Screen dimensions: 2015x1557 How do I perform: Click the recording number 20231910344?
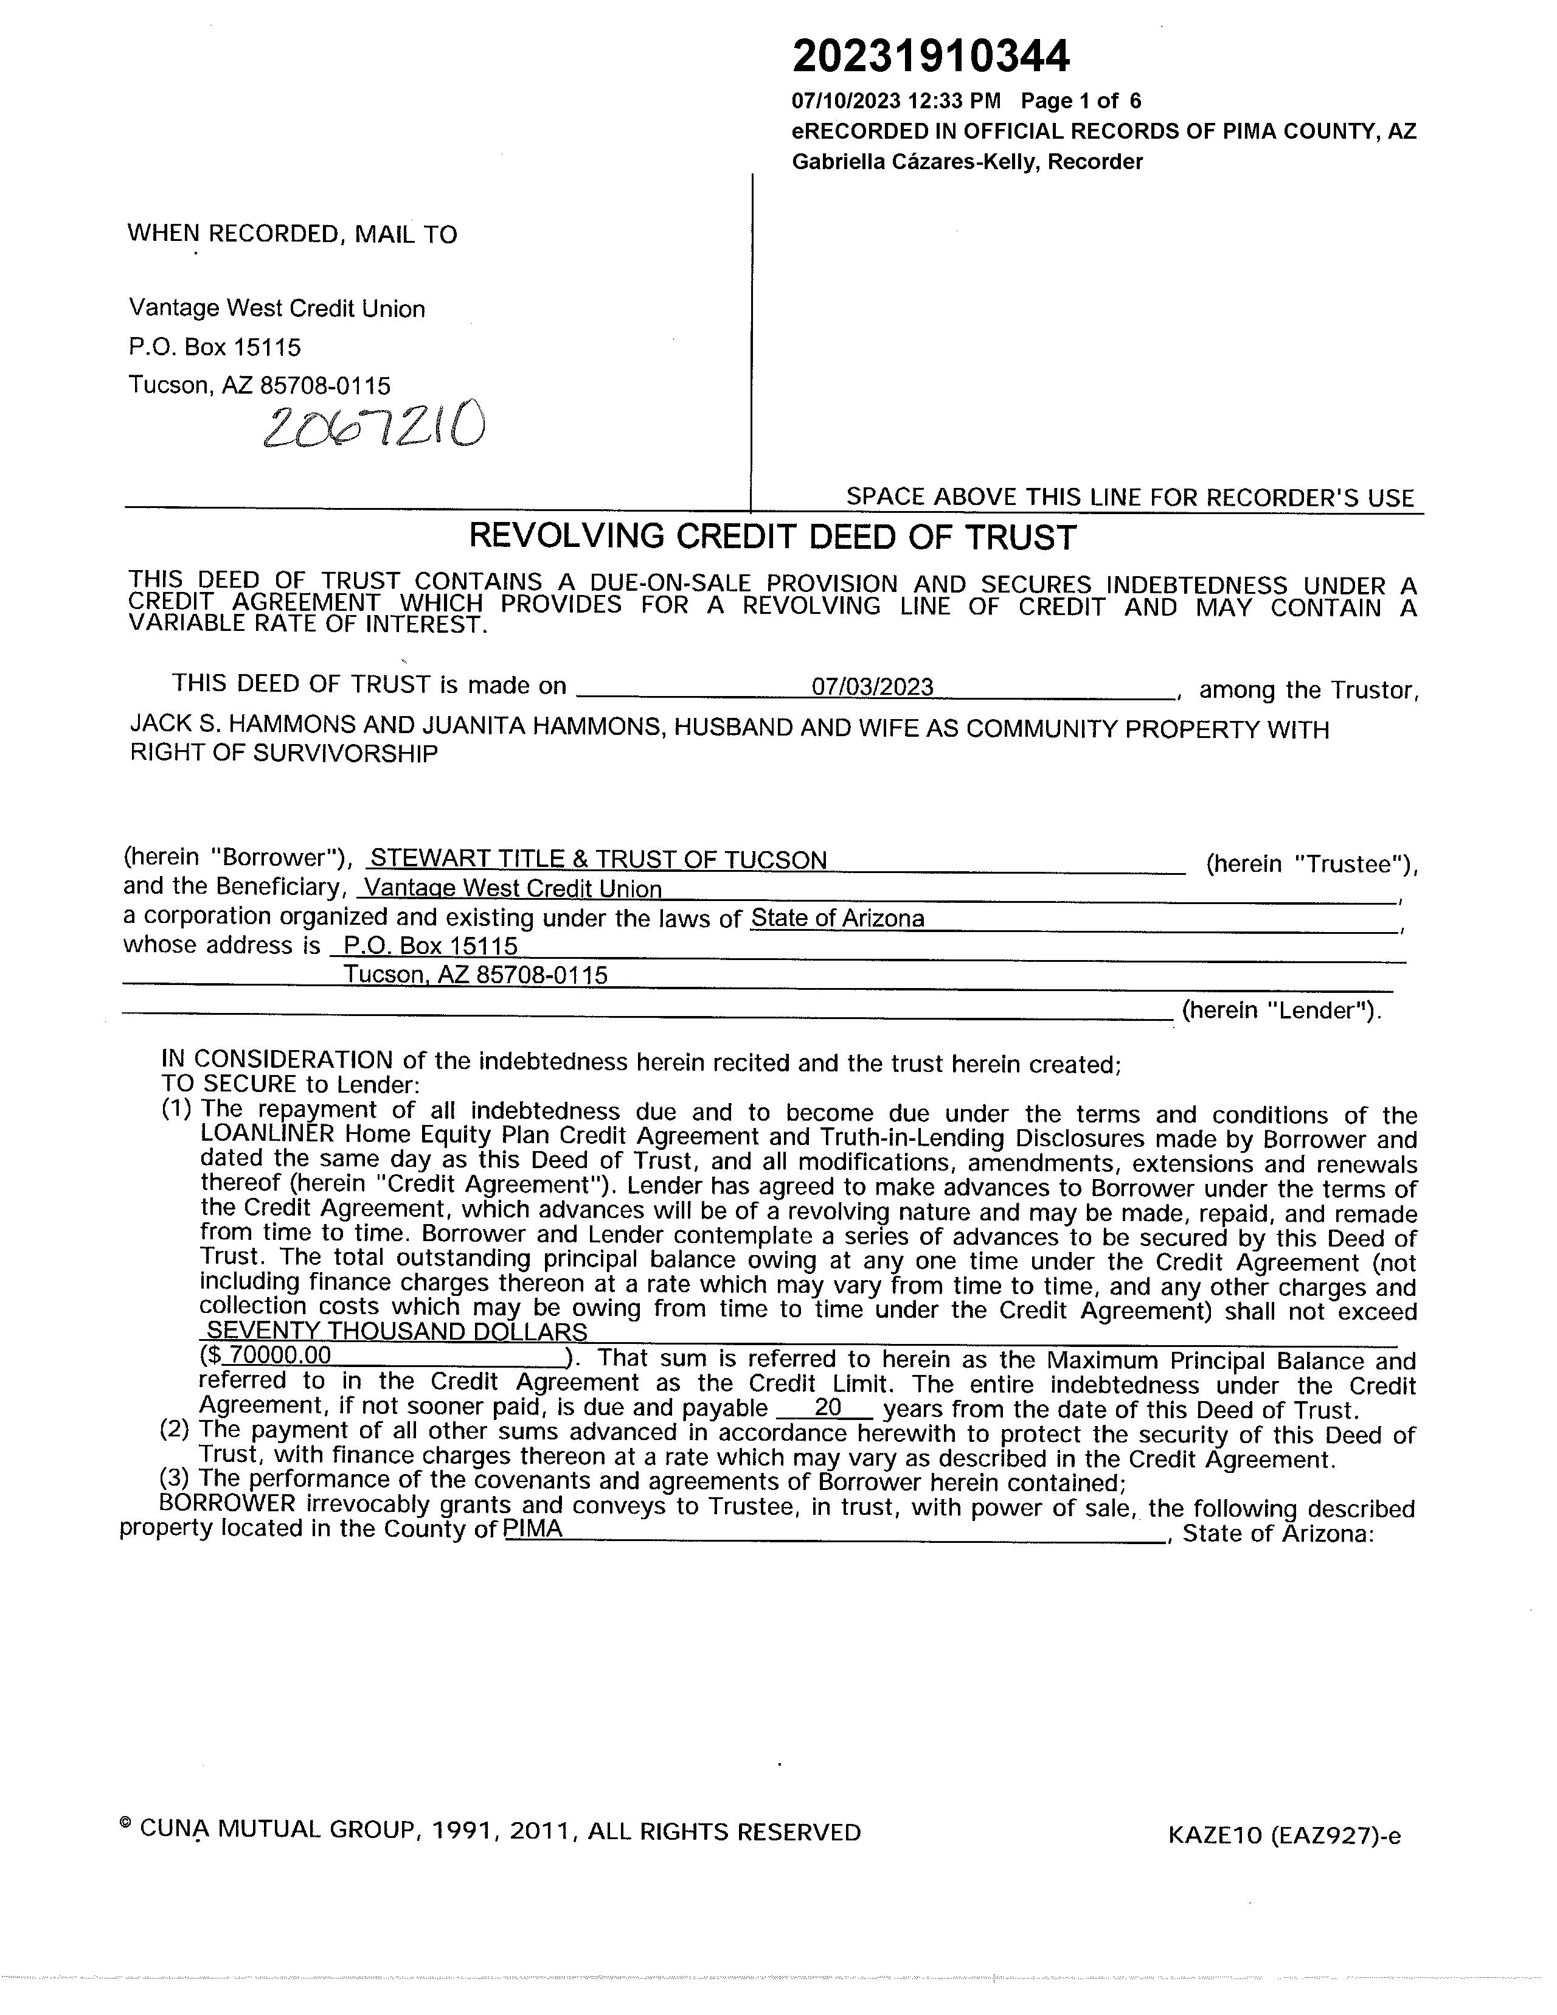click(930, 57)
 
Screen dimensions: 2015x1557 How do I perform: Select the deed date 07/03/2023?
click(872, 687)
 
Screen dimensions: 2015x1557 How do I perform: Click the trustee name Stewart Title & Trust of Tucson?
click(598, 860)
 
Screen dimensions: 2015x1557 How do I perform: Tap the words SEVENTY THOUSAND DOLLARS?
click(397, 1331)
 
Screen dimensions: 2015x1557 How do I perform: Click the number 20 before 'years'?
click(827, 1409)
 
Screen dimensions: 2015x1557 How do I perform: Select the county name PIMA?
click(533, 1530)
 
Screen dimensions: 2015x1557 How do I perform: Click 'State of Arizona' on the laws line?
click(837, 919)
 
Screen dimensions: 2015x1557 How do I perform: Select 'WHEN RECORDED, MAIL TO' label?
click(291, 234)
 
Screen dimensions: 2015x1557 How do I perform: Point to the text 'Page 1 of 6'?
click(1080, 100)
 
